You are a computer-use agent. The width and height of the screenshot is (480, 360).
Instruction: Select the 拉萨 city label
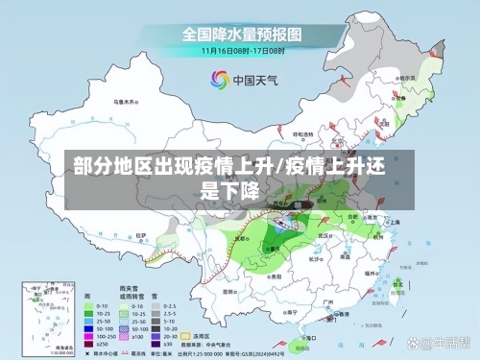point(141,233)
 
